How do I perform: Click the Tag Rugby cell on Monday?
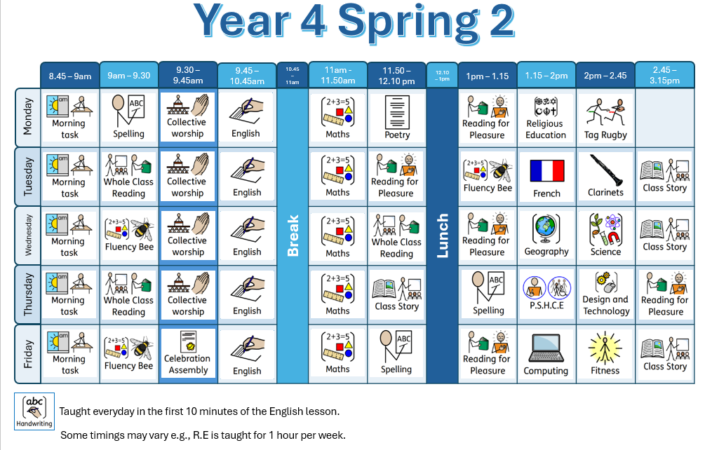(x=605, y=118)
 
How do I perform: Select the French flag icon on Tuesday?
(x=546, y=170)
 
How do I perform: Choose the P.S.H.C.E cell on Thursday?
(x=546, y=294)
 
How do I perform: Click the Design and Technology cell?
(x=605, y=294)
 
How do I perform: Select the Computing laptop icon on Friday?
(x=546, y=348)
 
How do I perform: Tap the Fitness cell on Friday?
(x=605, y=355)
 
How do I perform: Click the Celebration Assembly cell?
(x=188, y=355)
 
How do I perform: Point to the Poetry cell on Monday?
(x=396, y=118)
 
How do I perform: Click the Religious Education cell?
(x=546, y=118)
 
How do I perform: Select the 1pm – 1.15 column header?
(x=488, y=76)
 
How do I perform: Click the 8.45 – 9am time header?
(x=69, y=76)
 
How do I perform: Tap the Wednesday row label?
(x=28, y=236)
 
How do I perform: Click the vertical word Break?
(x=293, y=236)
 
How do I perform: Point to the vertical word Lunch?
(x=443, y=236)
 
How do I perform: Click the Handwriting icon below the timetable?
(x=34, y=411)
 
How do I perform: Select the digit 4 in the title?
(x=311, y=20)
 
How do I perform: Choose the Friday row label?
(x=28, y=355)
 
